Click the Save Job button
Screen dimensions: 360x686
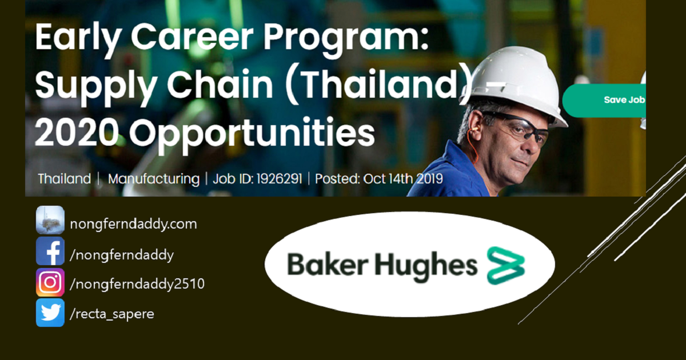[606, 100]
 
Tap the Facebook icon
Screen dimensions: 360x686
[50, 251]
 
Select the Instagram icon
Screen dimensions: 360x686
[50, 282]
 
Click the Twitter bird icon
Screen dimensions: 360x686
[50, 313]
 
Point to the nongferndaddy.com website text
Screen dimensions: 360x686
[133, 224]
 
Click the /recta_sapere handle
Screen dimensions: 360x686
[111, 314]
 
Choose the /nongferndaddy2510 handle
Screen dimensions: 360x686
[137, 283]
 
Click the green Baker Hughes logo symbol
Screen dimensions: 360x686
[506, 265]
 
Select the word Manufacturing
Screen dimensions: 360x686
[153, 179]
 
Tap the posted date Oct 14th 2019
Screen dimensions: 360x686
[403, 179]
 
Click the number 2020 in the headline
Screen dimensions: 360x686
[77, 132]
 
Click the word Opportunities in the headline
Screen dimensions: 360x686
[252, 133]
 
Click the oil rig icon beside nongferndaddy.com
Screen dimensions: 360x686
[50, 220]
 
